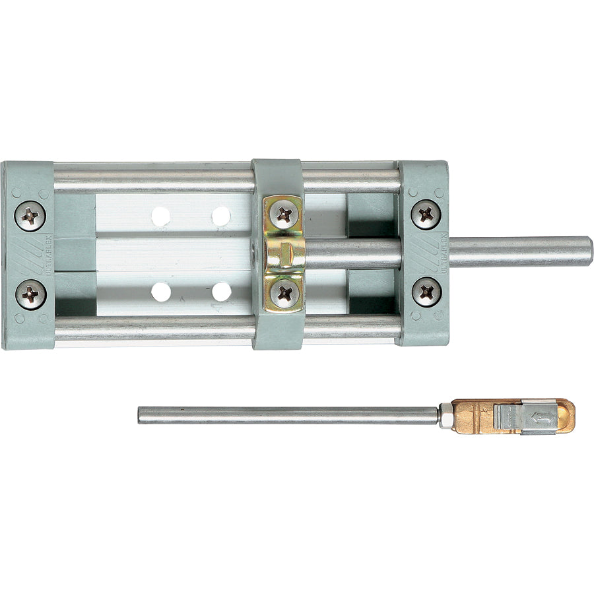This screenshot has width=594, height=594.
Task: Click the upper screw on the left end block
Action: [x=30, y=215]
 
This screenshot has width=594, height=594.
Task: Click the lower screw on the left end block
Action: [x=30, y=294]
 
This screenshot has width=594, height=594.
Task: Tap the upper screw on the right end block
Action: [x=426, y=214]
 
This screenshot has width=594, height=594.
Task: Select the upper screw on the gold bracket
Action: [x=284, y=214]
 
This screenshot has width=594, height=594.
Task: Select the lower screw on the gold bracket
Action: [x=284, y=294]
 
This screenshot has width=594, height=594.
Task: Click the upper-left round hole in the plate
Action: [x=160, y=216]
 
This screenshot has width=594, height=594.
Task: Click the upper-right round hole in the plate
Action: [x=221, y=216]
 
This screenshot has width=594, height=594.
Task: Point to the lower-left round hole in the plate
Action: [x=160, y=291]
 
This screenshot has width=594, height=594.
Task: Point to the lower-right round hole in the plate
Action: [x=221, y=291]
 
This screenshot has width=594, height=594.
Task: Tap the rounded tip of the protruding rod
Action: [x=587, y=251]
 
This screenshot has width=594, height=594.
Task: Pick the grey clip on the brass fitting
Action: [x=521, y=417]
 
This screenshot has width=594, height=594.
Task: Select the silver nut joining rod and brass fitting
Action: [x=446, y=416]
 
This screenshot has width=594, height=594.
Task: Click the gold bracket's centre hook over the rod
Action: [x=284, y=253]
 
